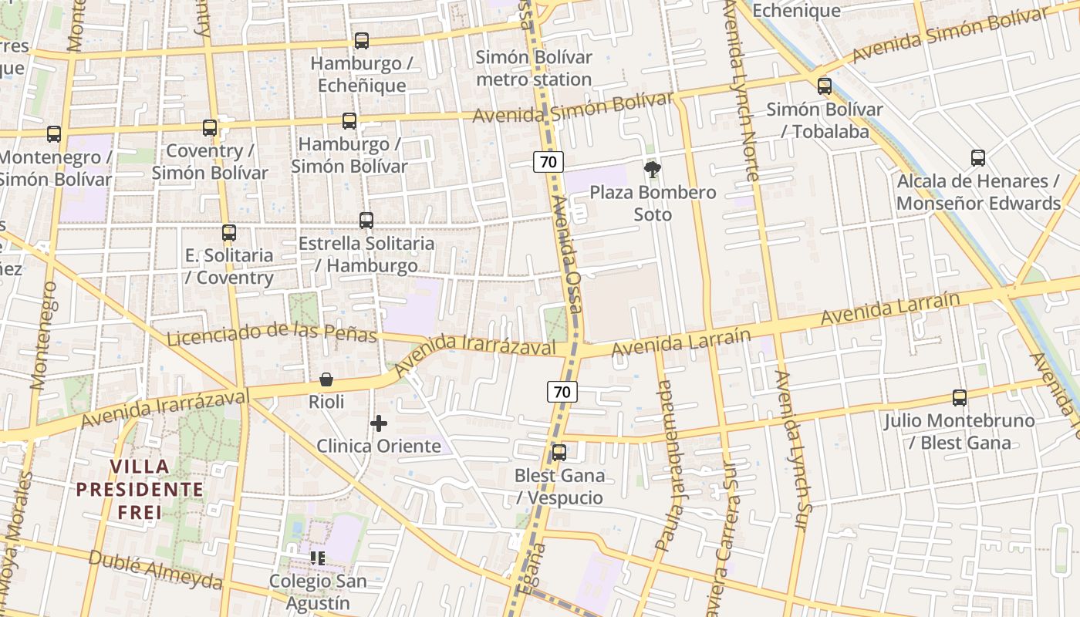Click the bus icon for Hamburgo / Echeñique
[x=361, y=41]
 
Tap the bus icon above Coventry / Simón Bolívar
[x=210, y=128]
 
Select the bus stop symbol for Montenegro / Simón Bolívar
[x=53, y=134]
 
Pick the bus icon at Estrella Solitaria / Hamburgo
[x=366, y=221]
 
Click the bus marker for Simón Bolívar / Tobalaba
[x=825, y=86]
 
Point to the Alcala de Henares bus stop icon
[x=978, y=158]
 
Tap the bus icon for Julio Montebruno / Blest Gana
[x=960, y=398]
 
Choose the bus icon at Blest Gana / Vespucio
[x=559, y=453]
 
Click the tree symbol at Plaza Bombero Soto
[x=653, y=170]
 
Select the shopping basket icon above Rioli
[x=326, y=379]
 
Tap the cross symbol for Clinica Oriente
[x=379, y=423]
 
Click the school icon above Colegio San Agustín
[x=317, y=557]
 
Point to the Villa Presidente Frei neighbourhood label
[x=140, y=489]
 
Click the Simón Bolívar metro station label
[x=534, y=68]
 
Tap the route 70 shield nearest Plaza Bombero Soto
[x=548, y=162]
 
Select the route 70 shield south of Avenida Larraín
[x=562, y=392]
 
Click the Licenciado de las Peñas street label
[x=272, y=332]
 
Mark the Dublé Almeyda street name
[x=155, y=569]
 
